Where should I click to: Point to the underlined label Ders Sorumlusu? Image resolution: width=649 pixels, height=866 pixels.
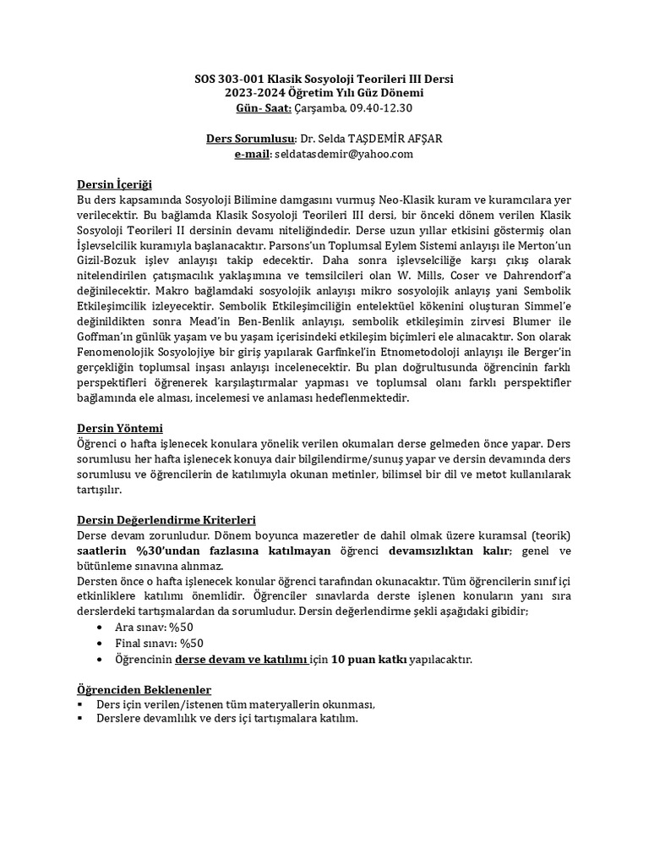coord(252,139)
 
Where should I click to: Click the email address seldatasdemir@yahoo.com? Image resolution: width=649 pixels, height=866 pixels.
coord(345,153)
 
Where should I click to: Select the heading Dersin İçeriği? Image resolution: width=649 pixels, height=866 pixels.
coord(114,184)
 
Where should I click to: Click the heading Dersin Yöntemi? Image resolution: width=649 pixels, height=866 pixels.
coord(119,428)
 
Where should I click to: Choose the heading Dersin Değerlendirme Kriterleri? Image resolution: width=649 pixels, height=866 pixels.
coord(166,519)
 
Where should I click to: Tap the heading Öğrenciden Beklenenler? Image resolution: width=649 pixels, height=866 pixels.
coord(144,689)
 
